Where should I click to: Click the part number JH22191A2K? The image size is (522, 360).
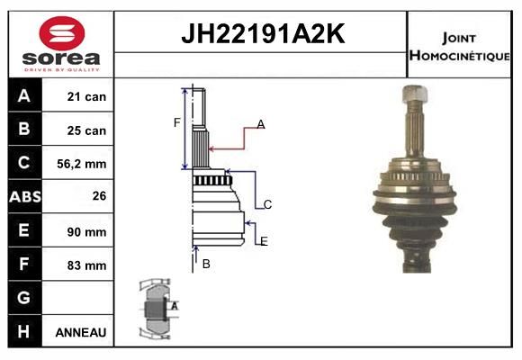coord(263,33)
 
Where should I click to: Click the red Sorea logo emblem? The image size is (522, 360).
coord(62,33)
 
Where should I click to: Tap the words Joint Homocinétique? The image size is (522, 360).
coord(459,48)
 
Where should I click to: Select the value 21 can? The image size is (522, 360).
coord(86,96)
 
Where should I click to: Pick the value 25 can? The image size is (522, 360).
coord(86,130)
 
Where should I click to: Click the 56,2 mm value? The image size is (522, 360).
coord(82,164)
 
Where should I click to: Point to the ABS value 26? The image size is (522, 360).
coord(99,196)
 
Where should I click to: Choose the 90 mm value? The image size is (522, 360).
coord(86,232)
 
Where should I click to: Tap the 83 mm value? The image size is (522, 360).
coord(86,265)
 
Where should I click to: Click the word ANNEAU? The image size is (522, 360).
coord(81,332)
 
